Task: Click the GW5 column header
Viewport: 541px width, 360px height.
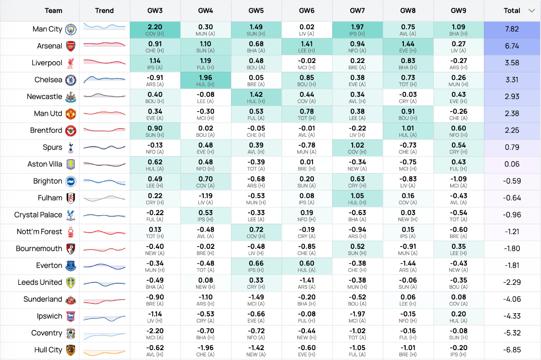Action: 256,11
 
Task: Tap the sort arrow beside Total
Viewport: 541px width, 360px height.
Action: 532,11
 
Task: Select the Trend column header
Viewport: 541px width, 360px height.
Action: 104,11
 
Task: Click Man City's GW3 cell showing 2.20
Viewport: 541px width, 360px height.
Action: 155,30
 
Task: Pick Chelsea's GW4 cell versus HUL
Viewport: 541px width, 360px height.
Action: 206,81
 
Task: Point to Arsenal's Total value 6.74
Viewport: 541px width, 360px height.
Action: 512,46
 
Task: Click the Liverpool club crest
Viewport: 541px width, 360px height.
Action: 71,63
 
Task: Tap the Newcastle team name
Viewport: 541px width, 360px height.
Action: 45,97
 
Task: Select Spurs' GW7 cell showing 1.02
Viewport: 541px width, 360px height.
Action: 358,148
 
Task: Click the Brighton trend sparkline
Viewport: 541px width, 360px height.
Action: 104,182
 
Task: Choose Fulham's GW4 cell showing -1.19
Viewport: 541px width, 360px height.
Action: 206,198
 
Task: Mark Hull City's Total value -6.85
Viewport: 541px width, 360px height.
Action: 512,350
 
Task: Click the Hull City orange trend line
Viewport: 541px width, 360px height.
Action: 104,353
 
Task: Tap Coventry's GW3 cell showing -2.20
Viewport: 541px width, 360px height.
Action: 155,333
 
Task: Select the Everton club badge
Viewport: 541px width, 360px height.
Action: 71,266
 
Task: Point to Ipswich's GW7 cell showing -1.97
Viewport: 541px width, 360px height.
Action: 358,317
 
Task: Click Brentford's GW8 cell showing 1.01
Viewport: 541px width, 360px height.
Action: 408,131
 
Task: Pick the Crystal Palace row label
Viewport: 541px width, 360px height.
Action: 38,215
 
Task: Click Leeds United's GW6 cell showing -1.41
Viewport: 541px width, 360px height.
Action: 307,283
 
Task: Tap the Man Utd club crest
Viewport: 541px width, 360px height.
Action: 71,114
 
